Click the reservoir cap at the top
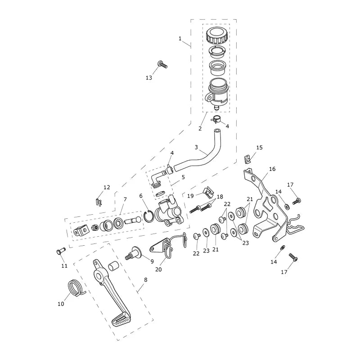coord(217,36)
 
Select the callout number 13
coord(149,78)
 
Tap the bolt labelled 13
coord(162,64)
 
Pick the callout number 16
coord(272,169)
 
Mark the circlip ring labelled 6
coord(149,216)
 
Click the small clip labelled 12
coord(99,202)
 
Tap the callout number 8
coord(145,280)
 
